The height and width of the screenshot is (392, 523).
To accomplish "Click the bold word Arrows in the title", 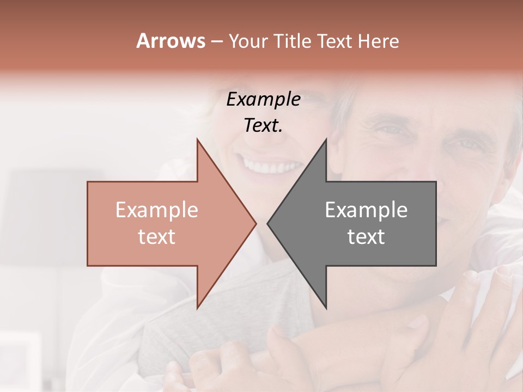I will point(171,41).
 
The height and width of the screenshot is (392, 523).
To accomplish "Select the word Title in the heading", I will point(292,41).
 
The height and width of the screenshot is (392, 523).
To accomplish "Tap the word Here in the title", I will point(378,41).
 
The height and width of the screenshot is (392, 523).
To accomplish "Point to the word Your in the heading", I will point(248,41).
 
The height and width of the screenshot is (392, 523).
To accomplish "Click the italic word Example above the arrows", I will point(264,100).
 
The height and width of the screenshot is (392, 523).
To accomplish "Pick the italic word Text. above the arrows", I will point(264,126).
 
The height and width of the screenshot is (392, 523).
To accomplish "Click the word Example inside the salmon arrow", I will point(157,210).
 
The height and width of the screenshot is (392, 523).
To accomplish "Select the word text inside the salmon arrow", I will point(157,237).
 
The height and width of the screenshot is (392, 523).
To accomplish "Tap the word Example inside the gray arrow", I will point(366,210).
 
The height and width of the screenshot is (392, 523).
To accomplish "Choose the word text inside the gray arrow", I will point(366,237).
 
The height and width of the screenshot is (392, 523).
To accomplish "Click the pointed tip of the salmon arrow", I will point(256,223).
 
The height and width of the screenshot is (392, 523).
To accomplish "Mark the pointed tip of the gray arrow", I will point(268,223).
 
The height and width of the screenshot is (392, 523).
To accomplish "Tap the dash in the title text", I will point(216,42).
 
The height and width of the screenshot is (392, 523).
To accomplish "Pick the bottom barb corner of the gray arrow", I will point(326,308).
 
